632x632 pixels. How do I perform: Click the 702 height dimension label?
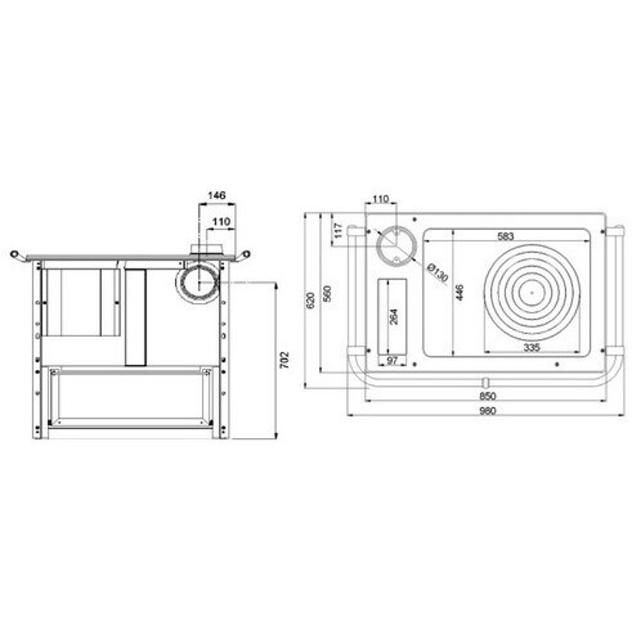point(285,360)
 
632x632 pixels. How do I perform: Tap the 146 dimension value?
point(216,196)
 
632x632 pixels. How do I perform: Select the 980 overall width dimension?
point(487,411)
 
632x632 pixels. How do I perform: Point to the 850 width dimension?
point(487,396)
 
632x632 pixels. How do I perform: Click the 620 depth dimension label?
point(310,301)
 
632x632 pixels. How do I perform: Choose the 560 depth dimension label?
point(327,294)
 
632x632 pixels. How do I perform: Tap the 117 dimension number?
point(338,231)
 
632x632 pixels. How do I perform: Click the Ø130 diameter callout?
point(437,272)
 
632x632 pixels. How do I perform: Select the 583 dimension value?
point(505,236)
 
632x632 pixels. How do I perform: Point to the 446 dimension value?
point(459,292)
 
